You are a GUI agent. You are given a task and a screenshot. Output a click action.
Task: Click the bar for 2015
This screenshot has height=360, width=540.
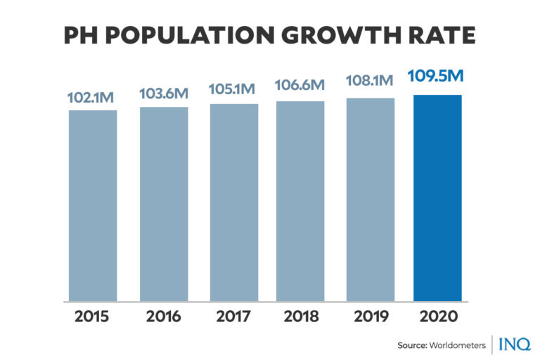(93, 205)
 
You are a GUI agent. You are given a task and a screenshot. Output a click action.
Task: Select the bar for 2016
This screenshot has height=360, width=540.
(164, 204)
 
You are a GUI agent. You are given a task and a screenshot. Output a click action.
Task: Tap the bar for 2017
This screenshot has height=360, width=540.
(233, 202)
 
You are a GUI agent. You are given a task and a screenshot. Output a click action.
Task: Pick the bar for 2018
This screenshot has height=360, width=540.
(300, 201)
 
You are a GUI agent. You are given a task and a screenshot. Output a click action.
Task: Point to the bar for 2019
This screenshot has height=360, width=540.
(370, 200)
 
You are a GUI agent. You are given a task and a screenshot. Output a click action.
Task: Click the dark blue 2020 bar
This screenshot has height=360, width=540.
(437, 198)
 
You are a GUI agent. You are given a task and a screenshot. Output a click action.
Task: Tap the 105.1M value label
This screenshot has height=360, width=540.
(233, 90)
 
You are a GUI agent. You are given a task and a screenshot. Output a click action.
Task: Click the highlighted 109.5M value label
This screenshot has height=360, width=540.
(437, 77)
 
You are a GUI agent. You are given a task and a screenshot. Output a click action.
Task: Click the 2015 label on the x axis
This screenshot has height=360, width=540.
(93, 316)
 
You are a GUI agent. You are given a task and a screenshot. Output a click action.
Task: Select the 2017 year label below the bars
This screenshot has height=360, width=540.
(233, 316)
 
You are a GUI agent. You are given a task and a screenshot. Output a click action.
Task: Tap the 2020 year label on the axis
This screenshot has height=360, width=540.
(437, 316)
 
